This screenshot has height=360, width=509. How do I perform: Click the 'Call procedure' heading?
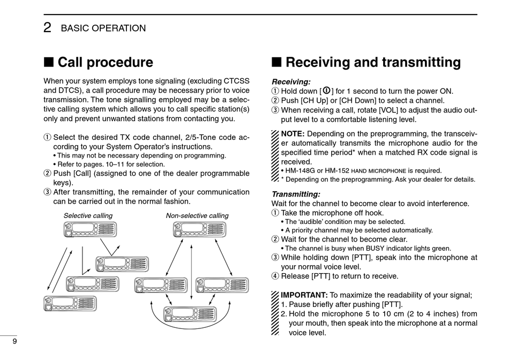[105, 63]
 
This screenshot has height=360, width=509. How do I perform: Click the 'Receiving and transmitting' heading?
[373, 63]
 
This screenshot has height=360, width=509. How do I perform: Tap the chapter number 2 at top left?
[47, 28]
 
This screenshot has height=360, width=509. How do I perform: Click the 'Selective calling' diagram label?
[88, 216]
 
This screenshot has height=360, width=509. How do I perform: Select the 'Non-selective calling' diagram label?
[197, 216]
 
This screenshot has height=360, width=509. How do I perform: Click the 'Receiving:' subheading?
[291, 82]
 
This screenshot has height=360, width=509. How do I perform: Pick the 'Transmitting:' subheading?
[296, 194]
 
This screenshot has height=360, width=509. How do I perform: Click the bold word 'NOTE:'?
[293, 133]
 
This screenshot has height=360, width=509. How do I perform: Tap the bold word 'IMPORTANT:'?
[304, 295]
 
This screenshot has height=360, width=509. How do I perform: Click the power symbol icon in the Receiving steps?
[326, 91]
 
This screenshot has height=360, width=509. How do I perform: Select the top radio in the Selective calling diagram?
[90, 229]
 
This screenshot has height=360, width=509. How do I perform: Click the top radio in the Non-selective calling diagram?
[199, 229]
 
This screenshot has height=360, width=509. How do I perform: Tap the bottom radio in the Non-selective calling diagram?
[189, 314]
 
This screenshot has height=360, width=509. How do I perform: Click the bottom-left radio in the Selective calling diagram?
[70, 303]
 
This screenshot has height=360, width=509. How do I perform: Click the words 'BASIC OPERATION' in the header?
[103, 28]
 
